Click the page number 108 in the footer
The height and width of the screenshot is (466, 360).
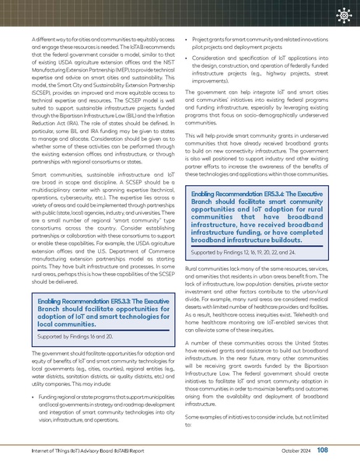[322, 450]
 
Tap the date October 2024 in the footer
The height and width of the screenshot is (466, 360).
[296, 450]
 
